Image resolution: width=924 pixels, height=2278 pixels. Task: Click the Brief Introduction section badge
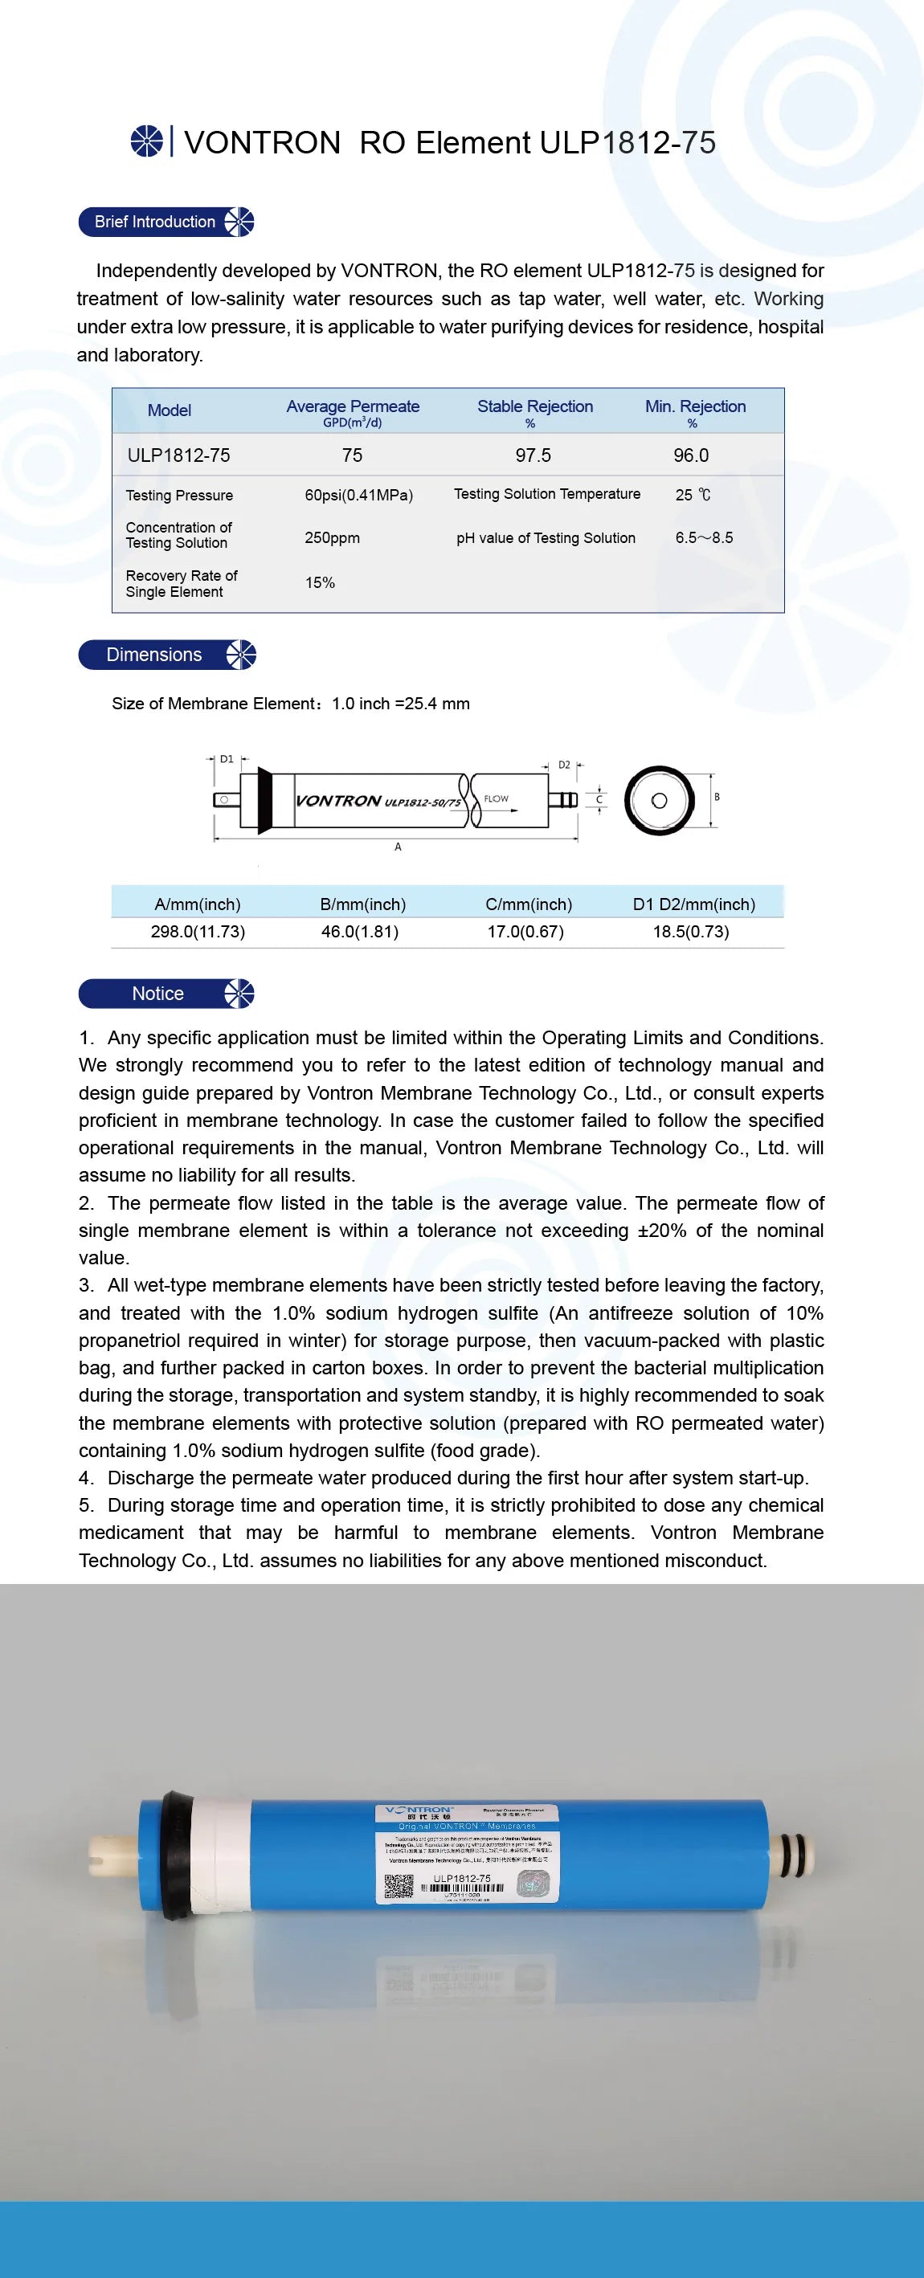166,222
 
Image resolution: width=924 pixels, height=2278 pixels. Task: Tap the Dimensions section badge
166,655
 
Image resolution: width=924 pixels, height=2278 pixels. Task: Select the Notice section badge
166,994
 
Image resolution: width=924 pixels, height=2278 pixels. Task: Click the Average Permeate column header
353,406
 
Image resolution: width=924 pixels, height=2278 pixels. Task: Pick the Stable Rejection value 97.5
534,455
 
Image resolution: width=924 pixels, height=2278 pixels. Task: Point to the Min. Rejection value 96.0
690,455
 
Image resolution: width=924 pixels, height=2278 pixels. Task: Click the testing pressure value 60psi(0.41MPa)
358,496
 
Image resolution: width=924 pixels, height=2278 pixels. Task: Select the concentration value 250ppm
332,537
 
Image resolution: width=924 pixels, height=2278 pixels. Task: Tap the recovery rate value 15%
319,583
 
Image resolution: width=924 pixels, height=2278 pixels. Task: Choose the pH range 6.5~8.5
704,537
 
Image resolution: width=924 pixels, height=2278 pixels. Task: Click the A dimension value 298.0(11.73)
198,931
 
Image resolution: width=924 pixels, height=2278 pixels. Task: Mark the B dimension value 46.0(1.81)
360,931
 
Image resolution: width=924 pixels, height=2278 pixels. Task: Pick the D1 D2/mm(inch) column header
693,904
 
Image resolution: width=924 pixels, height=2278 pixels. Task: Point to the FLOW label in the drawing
496,798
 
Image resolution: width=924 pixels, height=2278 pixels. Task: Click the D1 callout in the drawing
227,759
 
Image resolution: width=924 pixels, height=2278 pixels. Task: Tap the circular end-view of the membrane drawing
659,800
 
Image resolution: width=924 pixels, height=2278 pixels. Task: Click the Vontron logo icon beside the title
147,141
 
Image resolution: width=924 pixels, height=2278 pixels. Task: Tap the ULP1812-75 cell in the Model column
178,455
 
